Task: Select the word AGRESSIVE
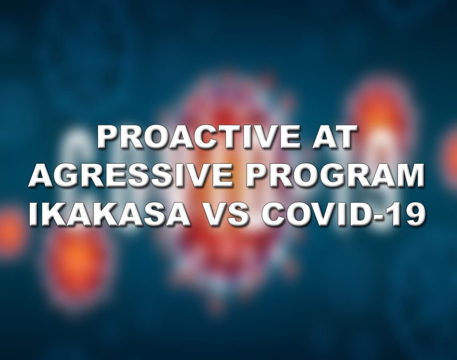pos(130,176)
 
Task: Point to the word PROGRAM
pos(335,176)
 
